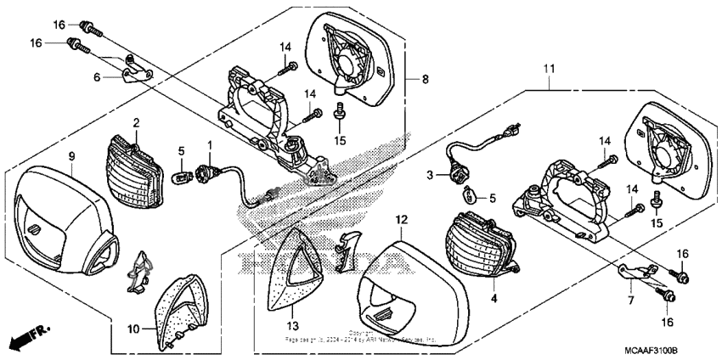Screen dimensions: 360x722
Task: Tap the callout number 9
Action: pyautogui.click(x=71, y=155)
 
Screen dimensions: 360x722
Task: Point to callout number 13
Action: pyautogui.click(x=291, y=326)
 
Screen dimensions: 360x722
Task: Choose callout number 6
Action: pyautogui.click(x=97, y=77)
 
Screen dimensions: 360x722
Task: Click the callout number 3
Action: pyautogui.click(x=430, y=174)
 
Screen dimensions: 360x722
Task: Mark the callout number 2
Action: pyautogui.click(x=135, y=124)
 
